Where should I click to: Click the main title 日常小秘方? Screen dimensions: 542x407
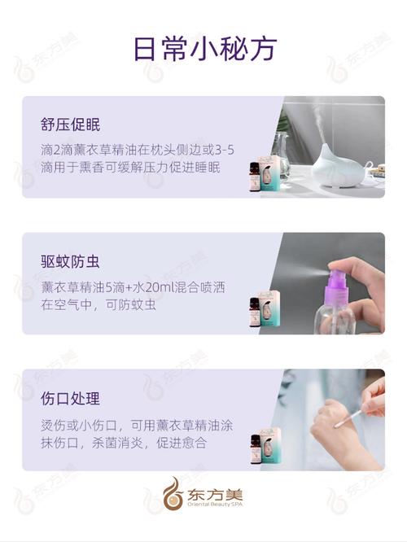click(x=203, y=48)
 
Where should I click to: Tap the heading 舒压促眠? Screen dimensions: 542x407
click(x=70, y=125)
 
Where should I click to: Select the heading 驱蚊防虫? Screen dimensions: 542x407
click(x=70, y=261)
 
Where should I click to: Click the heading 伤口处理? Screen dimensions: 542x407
click(x=70, y=399)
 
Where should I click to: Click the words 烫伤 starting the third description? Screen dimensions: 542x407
click(x=51, y=424)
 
